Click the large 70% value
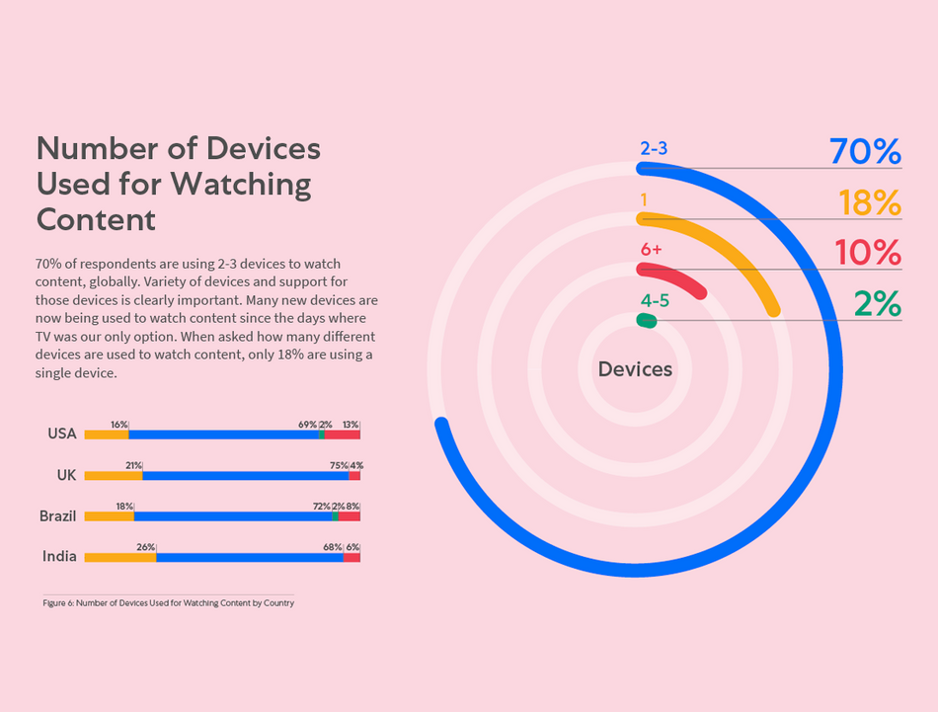865,152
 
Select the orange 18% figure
870,202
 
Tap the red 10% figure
868,253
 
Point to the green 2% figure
878,303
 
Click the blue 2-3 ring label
654,149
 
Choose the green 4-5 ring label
655,300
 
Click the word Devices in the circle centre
635,369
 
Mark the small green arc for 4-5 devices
646,321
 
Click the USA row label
61,434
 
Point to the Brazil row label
57,515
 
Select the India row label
59,557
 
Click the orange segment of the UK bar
114,475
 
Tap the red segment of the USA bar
343,435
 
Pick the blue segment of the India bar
249,558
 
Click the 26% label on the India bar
145,547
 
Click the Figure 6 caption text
168,602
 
